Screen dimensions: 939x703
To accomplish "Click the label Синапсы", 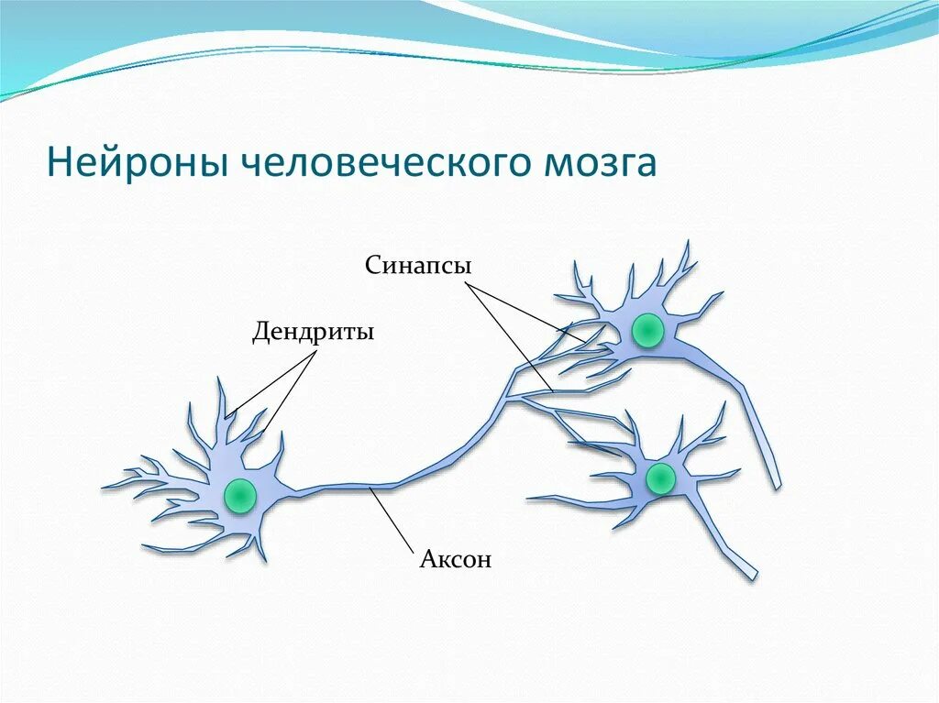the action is [x=418, y=266].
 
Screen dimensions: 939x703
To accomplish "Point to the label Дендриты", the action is [x=313, y=331].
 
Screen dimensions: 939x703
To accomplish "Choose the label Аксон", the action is [x=456, y=558].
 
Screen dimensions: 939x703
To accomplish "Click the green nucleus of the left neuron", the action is [x=240, y=494].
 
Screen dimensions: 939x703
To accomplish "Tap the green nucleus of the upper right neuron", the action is [x=647, y=330].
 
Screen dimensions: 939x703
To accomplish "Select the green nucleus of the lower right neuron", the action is [x=660, y=478].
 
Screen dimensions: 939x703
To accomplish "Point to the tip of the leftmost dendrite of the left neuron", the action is [x=103, y=485].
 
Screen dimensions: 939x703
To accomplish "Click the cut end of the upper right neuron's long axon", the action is [x=776, y=483].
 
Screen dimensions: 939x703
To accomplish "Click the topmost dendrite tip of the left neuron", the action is [x=221, y=379].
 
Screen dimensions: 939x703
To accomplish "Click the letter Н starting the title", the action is [x=58, y=163].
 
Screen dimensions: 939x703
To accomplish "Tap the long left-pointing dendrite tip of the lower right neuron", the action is [x=529, y=499].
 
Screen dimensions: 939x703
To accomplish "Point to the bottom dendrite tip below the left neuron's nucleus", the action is [x=263, y=560].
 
